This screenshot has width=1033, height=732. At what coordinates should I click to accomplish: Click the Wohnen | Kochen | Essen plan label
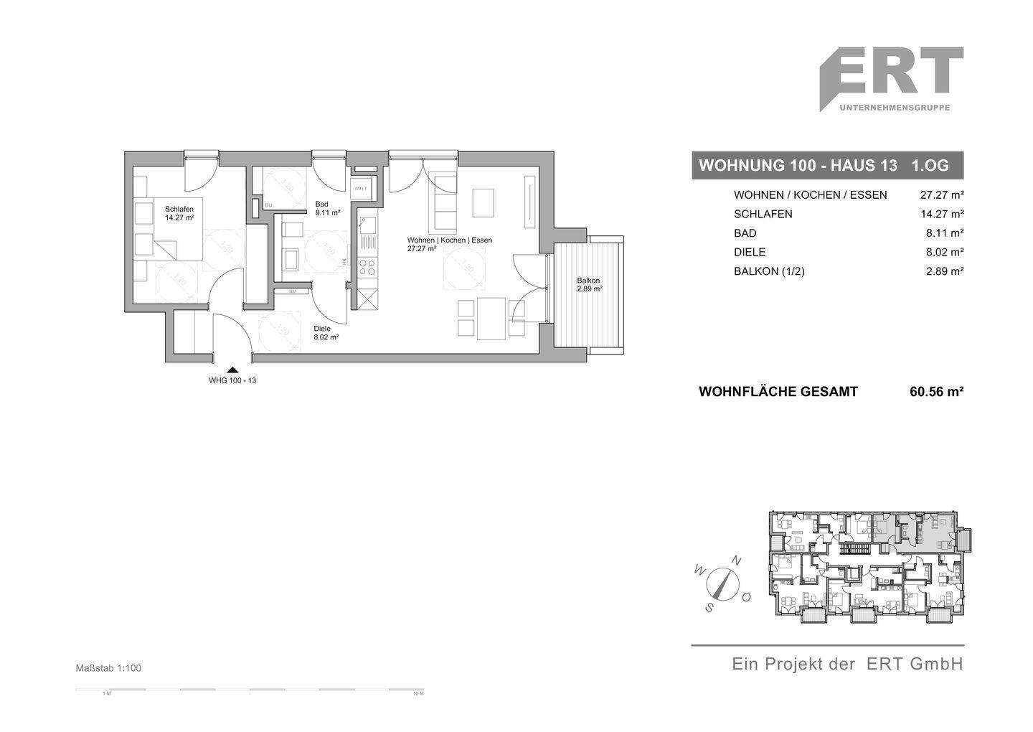point(449,240)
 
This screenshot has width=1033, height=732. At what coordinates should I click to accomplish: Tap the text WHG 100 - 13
point(232,381)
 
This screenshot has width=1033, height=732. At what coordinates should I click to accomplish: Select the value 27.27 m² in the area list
point(941,195)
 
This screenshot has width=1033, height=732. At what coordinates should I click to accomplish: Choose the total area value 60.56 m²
point(935,392)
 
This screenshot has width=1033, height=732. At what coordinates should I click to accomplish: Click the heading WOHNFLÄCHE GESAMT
point(778,392)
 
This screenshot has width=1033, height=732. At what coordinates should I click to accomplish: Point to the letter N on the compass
point(736,560)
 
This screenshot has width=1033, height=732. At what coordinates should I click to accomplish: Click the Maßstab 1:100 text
point(108,668)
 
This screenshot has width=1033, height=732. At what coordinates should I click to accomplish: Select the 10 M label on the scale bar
point(418,694)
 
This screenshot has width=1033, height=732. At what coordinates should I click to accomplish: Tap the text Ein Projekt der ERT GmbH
point(846,665)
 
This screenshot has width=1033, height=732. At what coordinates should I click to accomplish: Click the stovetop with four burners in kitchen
point(367,268)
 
